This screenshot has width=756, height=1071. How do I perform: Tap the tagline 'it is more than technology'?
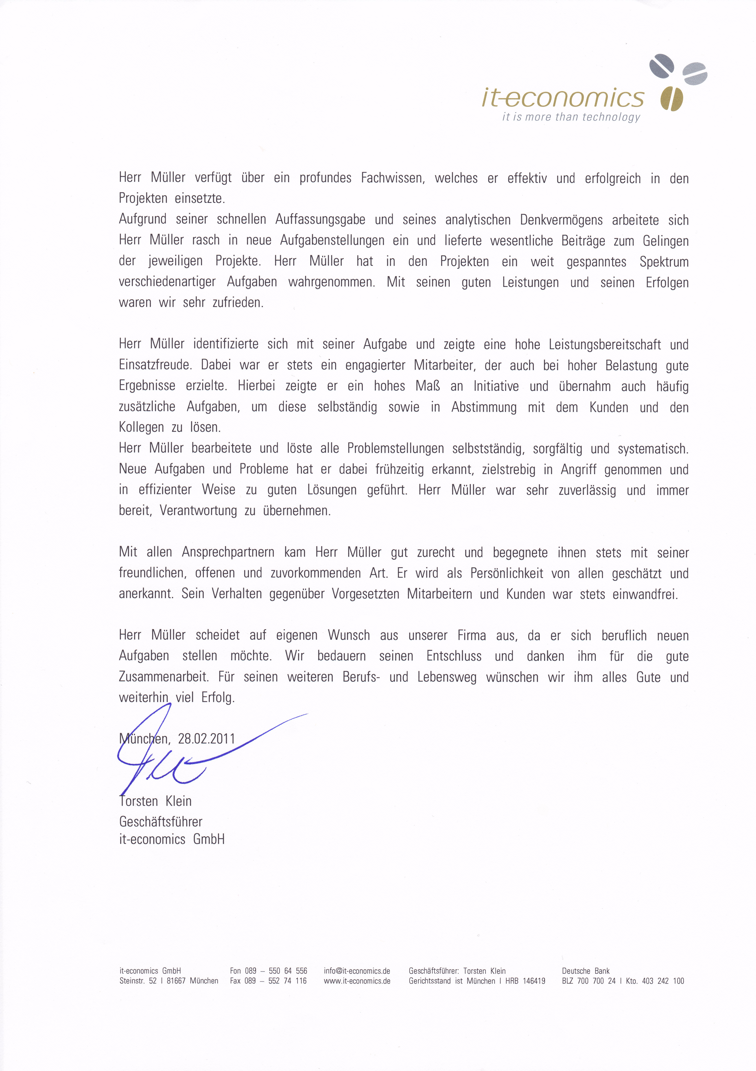571,117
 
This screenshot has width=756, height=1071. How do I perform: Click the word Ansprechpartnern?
228,552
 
